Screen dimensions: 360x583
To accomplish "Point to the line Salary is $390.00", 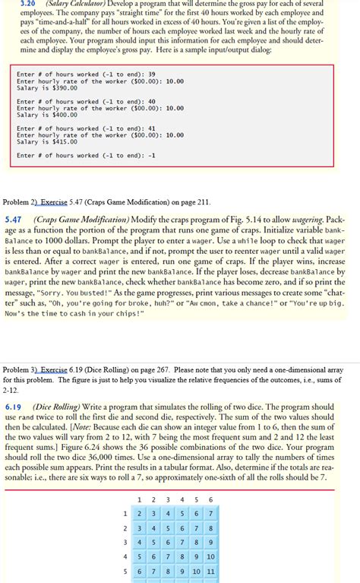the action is pyautogui.click(x=46, y=88).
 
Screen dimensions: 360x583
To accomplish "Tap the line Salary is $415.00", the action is pyautogui.click(x=46, y=141).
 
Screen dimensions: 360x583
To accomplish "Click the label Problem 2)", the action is pyautogui.click(x=20, y=202).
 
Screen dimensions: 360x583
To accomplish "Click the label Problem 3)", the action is pyautogui.click(x=20, y=368).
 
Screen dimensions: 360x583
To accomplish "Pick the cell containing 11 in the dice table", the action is pyautogui.click(x=210, y=572).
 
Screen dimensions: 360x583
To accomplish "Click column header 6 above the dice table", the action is pyautogui.click(x=210, y=499).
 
